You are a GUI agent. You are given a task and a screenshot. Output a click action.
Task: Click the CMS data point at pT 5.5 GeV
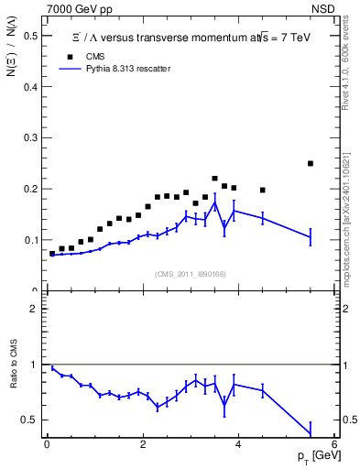point(311,164)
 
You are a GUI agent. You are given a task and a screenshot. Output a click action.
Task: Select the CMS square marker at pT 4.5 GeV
point(263,191)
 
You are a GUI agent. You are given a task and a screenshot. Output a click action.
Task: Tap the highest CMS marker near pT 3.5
point(215,179)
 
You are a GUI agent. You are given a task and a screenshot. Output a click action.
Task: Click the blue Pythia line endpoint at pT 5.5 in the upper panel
point(311,237)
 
